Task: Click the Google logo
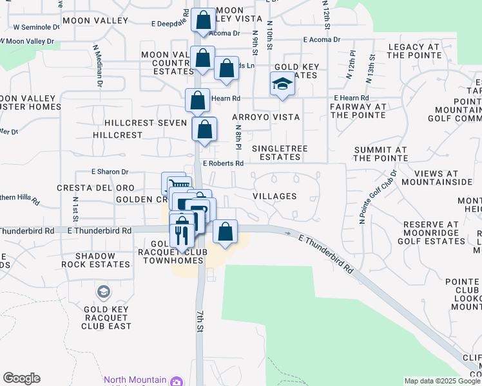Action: click(21, 378)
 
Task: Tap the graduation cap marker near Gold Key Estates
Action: click(282, 84)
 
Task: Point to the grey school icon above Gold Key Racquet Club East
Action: click(102, 293)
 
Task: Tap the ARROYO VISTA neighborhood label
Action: click(266, 117)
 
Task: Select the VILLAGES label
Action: click(275, 196)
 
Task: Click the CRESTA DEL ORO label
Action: click(95, 188)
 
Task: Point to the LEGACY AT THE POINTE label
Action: click(414, 51)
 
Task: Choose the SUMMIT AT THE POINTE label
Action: click(380, 154)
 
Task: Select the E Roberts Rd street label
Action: click(223, 163)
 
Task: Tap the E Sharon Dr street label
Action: click(110, 172)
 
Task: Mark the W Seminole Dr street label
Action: click(36, 27)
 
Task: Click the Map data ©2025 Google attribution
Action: click(442, 381)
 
